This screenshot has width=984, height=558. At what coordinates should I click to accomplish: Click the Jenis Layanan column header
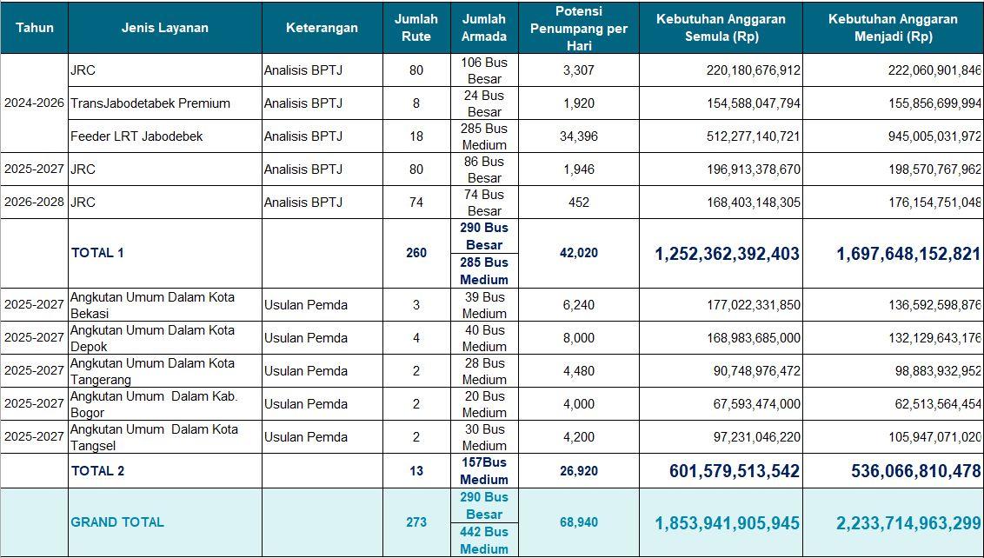pyautogui.click(x=164, y=28)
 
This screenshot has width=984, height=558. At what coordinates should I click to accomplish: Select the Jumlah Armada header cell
pyautogui.click(x=484, y=28)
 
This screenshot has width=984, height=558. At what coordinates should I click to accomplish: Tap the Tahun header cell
pyautogui.click(x=34, y=28)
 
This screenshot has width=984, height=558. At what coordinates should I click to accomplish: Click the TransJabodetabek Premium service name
pyautogui.click(x=150, y=103)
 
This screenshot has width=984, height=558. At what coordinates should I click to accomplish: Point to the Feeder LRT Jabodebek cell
pyautogui.click(x=136, y=136)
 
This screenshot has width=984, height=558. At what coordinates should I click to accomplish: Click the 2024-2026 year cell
pyautogui.click(x=34, y=103)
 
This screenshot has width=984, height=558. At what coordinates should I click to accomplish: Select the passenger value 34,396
pyautogui.click(x=578, y=136)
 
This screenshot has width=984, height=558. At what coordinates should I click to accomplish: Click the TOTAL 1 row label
pyautogui.click(x=97, y=253)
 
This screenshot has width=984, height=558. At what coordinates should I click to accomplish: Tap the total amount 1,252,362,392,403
pyautogui.click(x=727, y=254)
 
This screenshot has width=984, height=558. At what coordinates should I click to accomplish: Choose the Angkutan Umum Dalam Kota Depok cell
pyautogui.click(x=153, y=338)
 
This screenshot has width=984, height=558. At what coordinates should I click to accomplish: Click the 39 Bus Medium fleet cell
pyautogui.click(x=484, y=305)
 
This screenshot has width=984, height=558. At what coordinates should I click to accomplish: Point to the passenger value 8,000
pyautogui.click(x=578, y=338)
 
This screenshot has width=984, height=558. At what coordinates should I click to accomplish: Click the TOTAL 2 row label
pyautogui.click(x=97, y=471)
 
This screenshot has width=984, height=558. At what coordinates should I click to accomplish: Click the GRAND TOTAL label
pyautogui.click(x=117, y=522)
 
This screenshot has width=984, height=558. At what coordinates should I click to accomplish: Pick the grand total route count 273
pyautogui.click(x=416, y=522)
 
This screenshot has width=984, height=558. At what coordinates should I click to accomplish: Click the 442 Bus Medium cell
pyautogui.click(x=484, y=540)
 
